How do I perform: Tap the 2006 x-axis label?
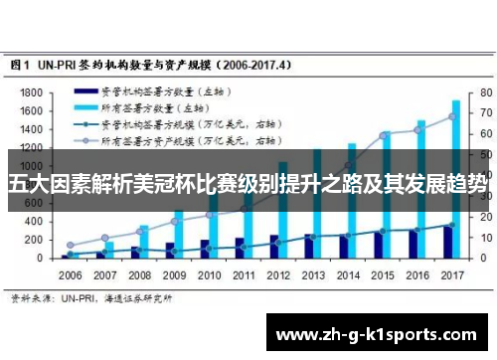pyautogui.click(x=71, y=274)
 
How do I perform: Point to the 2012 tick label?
pyautogui.click(x=277, y=274)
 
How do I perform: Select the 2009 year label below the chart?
pyautogui.click(x=174, y=274)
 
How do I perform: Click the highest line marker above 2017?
pyautogui.click(x=451, y=116)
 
